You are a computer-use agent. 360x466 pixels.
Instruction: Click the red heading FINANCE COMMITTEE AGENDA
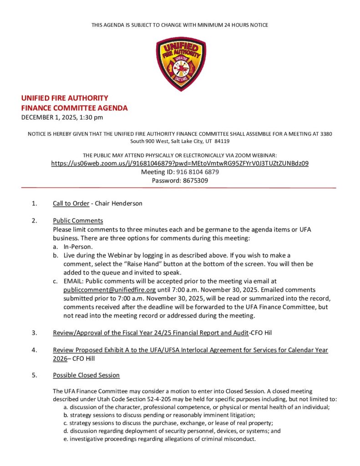(x=75, y=108)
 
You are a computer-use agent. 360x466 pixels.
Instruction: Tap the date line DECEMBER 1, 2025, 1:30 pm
(x=62, y=117)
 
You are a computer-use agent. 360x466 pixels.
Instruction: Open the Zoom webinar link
(x=180, y=163)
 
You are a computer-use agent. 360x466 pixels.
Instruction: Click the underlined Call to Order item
(x=71, y=203)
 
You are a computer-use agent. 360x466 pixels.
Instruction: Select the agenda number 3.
(x=35, y=333)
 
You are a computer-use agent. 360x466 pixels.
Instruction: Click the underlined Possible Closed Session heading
(x=86, y=375)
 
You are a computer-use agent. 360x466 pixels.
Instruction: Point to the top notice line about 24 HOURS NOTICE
(x=180, y=25)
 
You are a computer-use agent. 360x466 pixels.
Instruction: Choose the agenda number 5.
(x=35, y=375)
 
